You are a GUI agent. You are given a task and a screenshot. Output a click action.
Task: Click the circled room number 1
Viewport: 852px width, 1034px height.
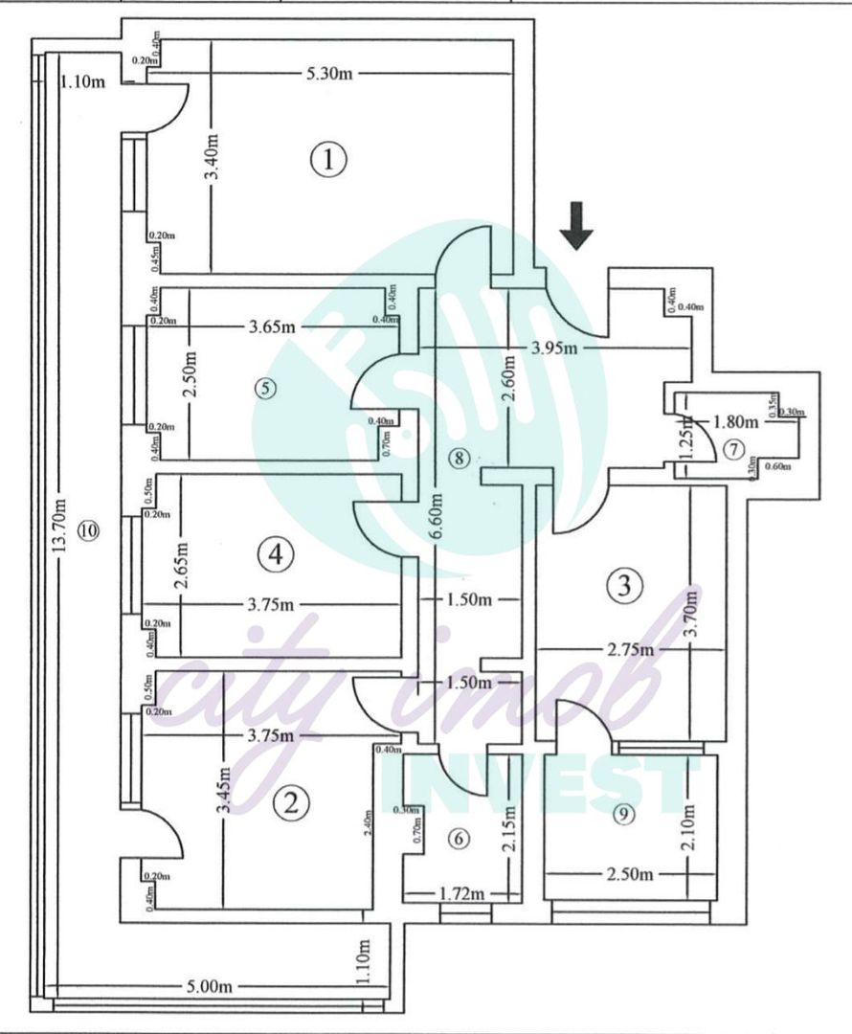tap(328, 160)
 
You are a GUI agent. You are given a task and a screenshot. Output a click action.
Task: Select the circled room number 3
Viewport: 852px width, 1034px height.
tap(624, 584)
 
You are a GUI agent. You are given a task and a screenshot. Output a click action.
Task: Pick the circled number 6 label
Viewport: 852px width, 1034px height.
tap(460, 839)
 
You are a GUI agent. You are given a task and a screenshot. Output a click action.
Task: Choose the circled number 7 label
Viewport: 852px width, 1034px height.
tap(733, 447)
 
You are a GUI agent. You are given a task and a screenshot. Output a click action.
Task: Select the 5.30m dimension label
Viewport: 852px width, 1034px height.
tap(328, 74)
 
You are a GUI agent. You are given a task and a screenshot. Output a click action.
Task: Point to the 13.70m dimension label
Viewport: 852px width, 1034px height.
tap(60, 528)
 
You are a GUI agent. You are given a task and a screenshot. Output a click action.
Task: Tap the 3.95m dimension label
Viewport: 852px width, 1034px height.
tap(555, 347)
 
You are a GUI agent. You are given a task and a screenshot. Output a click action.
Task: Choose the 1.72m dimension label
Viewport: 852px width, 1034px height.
tap(462, 894)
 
